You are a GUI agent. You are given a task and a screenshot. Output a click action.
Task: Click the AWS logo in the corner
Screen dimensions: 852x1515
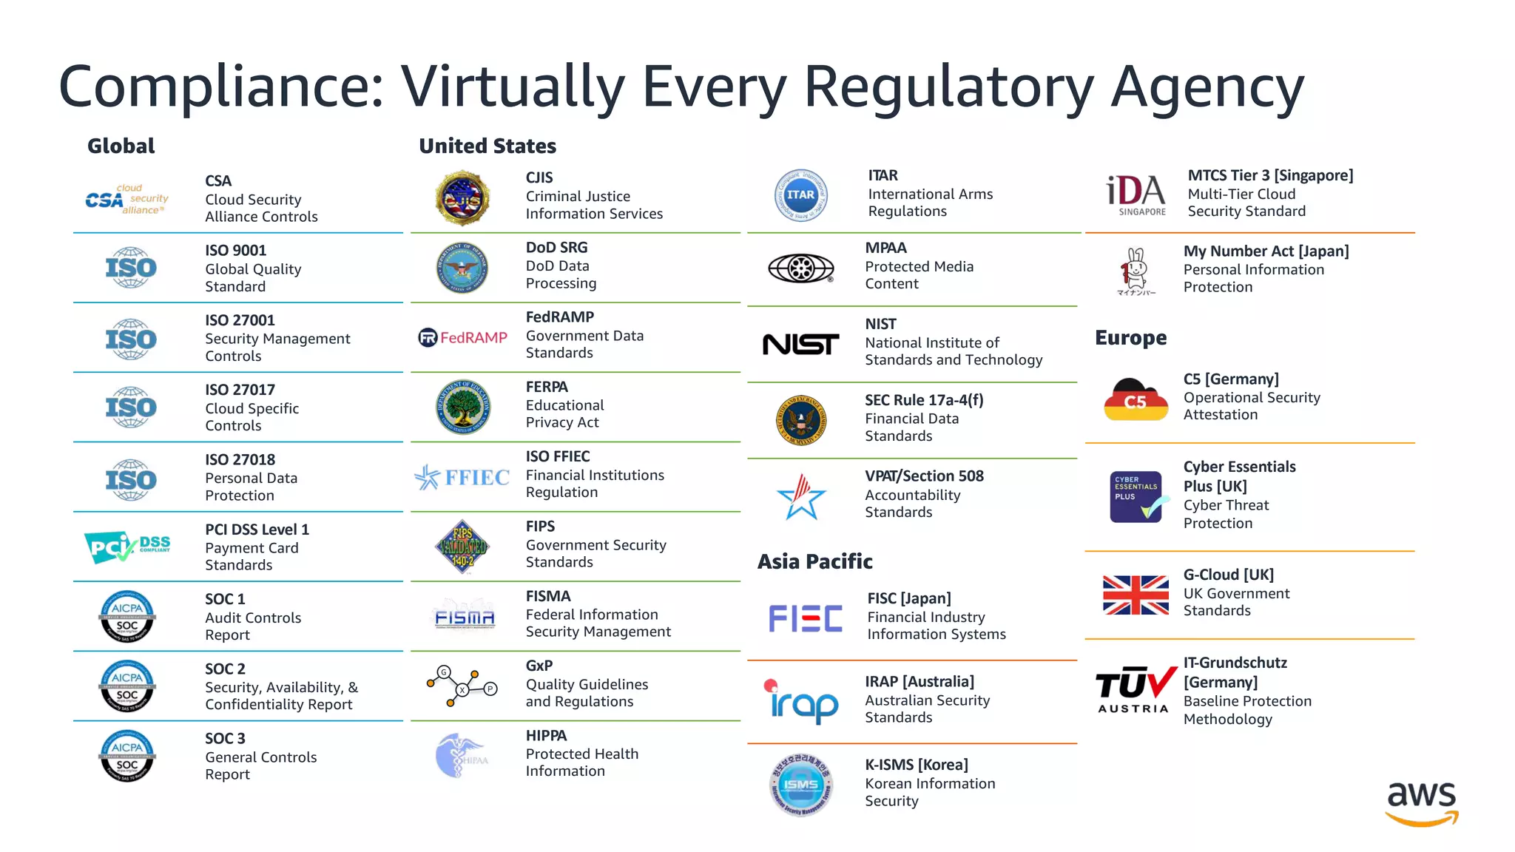pyautogui.click(x=1421, y=803)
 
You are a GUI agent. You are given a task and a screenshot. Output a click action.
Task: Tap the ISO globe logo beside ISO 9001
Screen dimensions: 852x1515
pyautogui.click(x=131, y=268)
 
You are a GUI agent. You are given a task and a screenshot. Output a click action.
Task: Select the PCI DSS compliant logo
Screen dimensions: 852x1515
pyautogui.click(x=127, y=548)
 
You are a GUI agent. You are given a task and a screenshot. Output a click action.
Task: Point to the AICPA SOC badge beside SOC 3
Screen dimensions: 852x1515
pyautogui.click(x=127, y=756)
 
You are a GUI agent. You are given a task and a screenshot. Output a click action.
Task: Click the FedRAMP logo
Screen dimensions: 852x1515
pyautogui.click(x=463, y=338)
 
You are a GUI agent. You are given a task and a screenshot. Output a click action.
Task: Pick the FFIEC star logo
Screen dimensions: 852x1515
pyautogui.click(x=462, y=478)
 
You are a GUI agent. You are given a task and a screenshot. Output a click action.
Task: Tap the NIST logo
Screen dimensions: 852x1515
pyautogui.click(x=800, y=344)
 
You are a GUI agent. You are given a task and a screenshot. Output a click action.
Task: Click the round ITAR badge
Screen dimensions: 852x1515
pyautogui.click(x=800, y=195)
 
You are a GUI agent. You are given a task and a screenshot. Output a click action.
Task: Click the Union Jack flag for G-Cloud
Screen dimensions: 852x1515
pyautogui.click(x=1136, y=595)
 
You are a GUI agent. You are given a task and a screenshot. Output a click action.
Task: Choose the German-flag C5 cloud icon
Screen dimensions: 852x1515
pyautogui.click(x=1136, y=399)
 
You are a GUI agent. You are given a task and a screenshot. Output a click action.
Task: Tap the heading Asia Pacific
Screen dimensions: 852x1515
pyautogui.click(x=814, y=562)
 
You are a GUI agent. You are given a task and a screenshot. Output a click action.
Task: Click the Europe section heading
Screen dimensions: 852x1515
pyautogui.click(x=1130, y=338)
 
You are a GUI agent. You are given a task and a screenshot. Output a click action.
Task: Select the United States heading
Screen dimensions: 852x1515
pyautogui.click(x=487, y=146)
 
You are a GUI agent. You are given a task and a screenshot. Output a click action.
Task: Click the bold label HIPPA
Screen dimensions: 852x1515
pyautogui.click(x=546, y=736)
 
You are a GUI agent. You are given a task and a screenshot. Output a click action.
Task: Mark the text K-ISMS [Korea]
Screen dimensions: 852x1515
pyautogui.click(x=917, y=765)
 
